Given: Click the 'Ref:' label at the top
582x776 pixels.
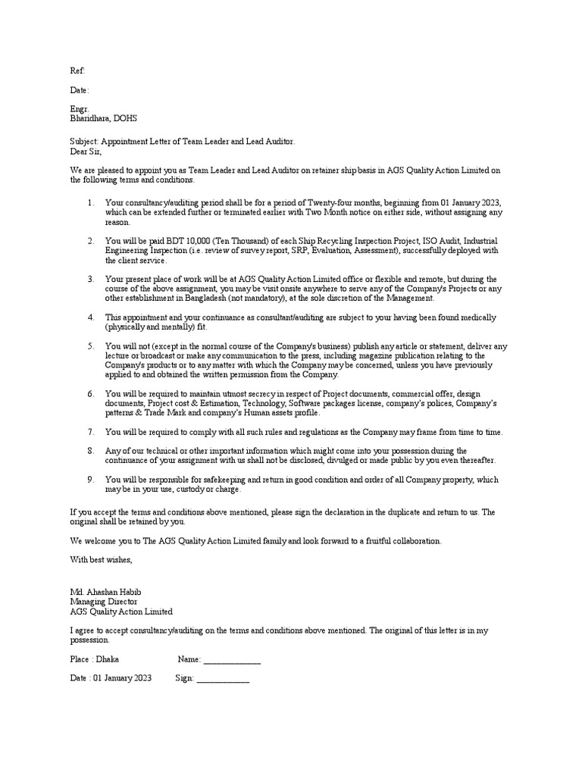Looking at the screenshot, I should tap(78, 70).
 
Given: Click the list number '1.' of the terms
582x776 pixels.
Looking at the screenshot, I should tap(90, 203).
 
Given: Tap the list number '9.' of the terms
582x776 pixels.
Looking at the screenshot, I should tap(90, 480).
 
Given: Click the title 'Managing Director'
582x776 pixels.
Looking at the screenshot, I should tap(105, 601).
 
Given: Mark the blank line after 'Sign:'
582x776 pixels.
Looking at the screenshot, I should tap(223, 679).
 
